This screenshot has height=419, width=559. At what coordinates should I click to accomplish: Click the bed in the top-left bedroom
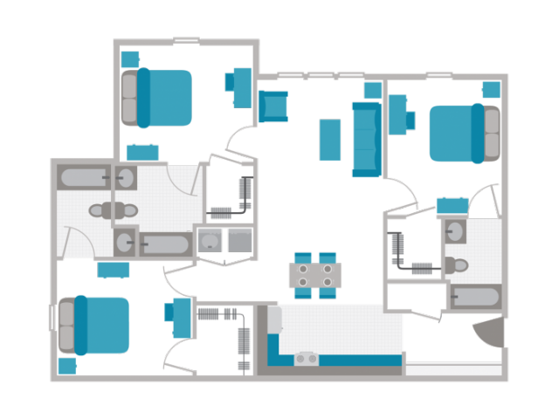point(162,97)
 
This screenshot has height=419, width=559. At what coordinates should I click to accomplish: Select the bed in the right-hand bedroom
point(461,133)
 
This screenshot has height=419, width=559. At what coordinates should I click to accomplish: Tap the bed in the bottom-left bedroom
point(98,325)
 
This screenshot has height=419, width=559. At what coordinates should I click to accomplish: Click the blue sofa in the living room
point(365,139)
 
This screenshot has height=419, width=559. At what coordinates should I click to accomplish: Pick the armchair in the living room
point(273,106)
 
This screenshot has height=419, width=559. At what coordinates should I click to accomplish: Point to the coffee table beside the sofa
point(329,140)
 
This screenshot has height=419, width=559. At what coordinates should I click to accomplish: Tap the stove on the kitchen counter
point(306,358)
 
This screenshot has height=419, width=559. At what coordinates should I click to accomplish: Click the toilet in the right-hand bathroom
point(456,264)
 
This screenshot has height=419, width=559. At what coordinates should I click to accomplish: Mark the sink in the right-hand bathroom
point(455,231)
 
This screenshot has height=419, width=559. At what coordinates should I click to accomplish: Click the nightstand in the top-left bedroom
point(130,58)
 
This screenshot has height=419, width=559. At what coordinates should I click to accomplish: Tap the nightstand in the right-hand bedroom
point(492,89)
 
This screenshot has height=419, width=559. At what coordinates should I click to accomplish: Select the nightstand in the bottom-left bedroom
point(66,366)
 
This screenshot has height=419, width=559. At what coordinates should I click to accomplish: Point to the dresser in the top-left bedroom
point(141,153)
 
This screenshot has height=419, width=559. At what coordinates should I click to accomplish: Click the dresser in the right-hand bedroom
point(452,206)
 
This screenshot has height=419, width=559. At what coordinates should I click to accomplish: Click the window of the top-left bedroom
point(186,41)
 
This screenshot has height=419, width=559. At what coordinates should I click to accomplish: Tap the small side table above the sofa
point(373,91)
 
